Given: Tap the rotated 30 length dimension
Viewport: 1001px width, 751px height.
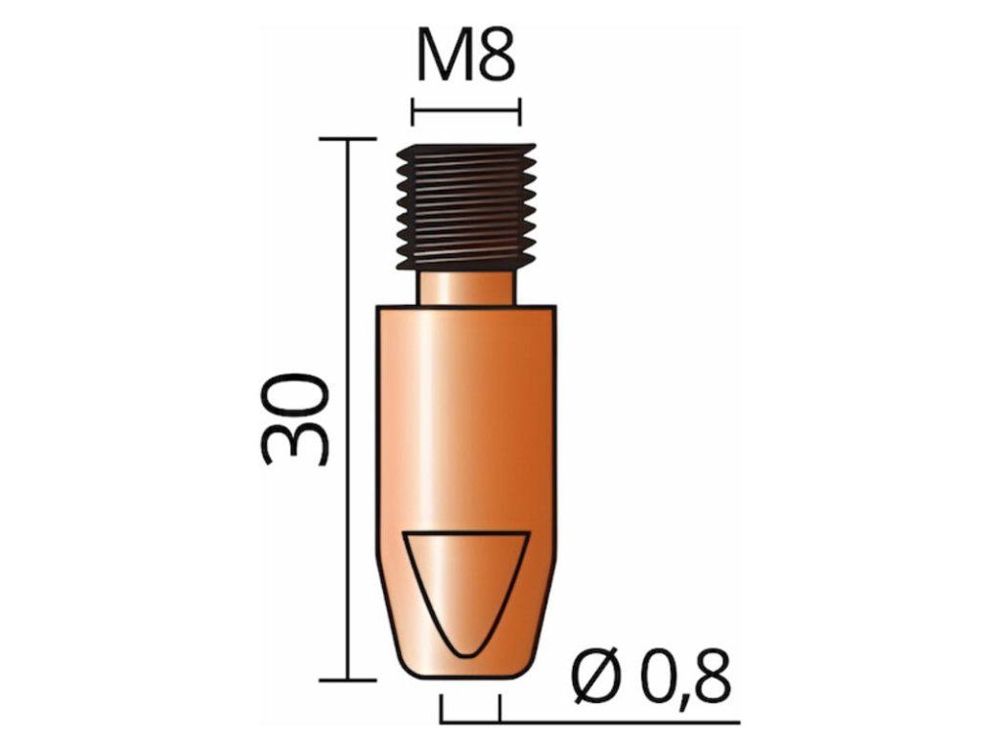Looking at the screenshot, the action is [x=295, y=419].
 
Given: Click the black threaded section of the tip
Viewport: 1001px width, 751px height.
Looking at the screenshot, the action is [x=466, y=207].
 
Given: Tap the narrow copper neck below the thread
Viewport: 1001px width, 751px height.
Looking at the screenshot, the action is [x=466, y=288].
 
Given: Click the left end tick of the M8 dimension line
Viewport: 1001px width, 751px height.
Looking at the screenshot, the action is [x=413, y=111].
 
